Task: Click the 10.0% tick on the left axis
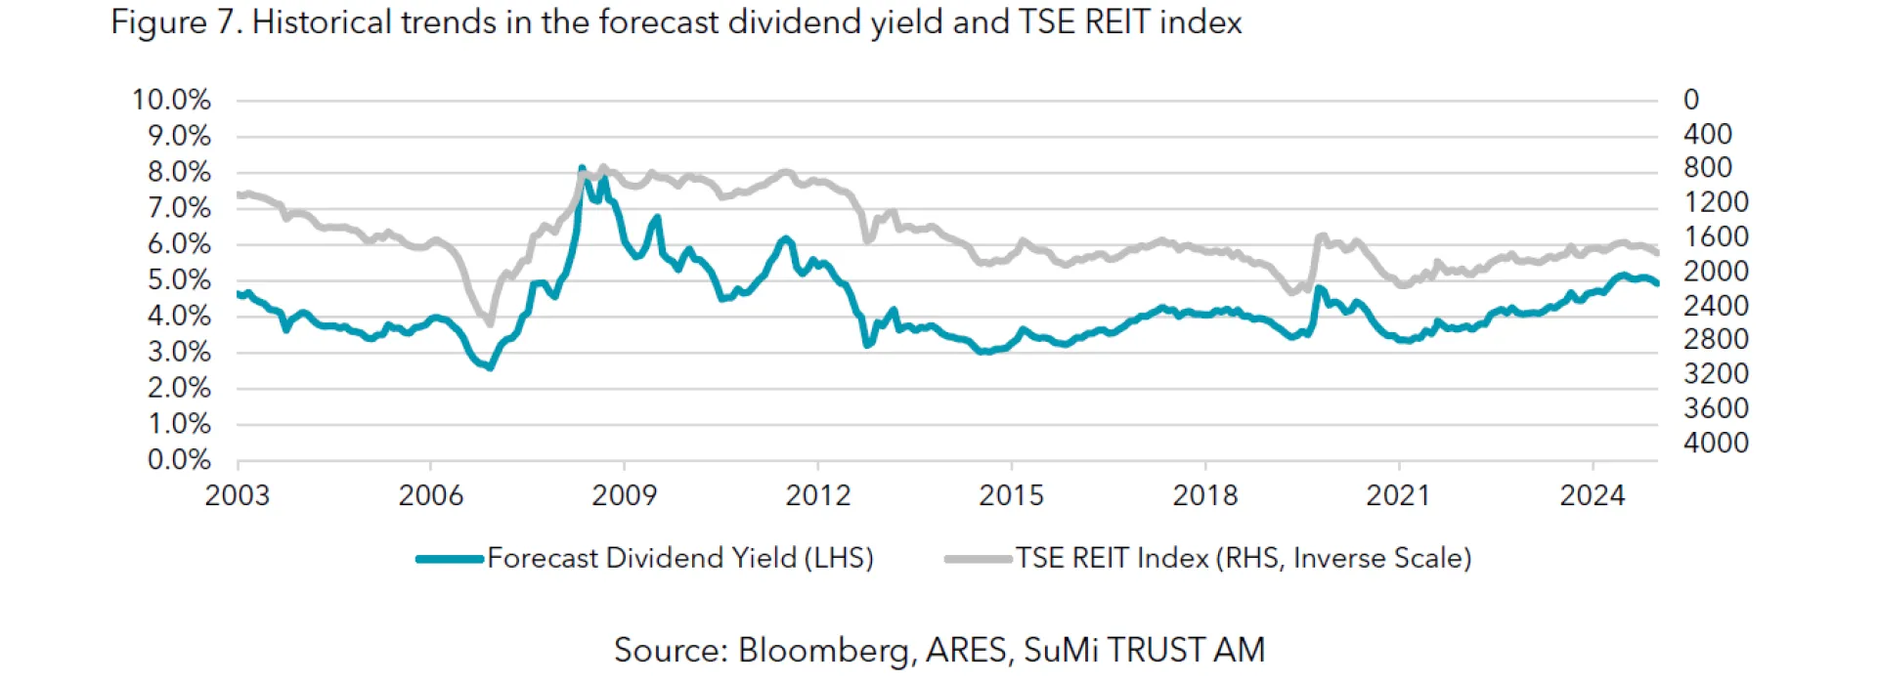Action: pyautogui.click(x=171, y=100)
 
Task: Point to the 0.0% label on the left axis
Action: pyautogui.click(x=179, y=459)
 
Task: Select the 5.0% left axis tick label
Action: pyautogui.click(x=179, y=280)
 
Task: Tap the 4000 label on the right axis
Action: pyautogui.click(x=1716, y=443)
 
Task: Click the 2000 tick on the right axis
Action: pyautogui.click(x=1716, y=272)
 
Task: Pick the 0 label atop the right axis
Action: pyautogui.click(x=1691, y=100)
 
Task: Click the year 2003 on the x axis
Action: pyautogui.click(x=237, y=495)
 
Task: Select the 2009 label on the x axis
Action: pyautogui.click(x=624, y=495)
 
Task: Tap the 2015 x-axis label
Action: pyautogui.click(x=1011, y=495)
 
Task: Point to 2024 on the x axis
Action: pyautogui.click(x=1592, y=495)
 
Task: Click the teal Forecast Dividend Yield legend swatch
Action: pyautogui.click(x=450, y=559)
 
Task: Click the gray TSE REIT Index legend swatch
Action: pyautogui.click(x=978, y=559)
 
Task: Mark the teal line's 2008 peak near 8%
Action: pyautogui.click(x=582, y=169)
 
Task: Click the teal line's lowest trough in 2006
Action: pyautogui.click(x=490, y=367)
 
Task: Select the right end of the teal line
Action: pyautogui.click(x=1656, y=283)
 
